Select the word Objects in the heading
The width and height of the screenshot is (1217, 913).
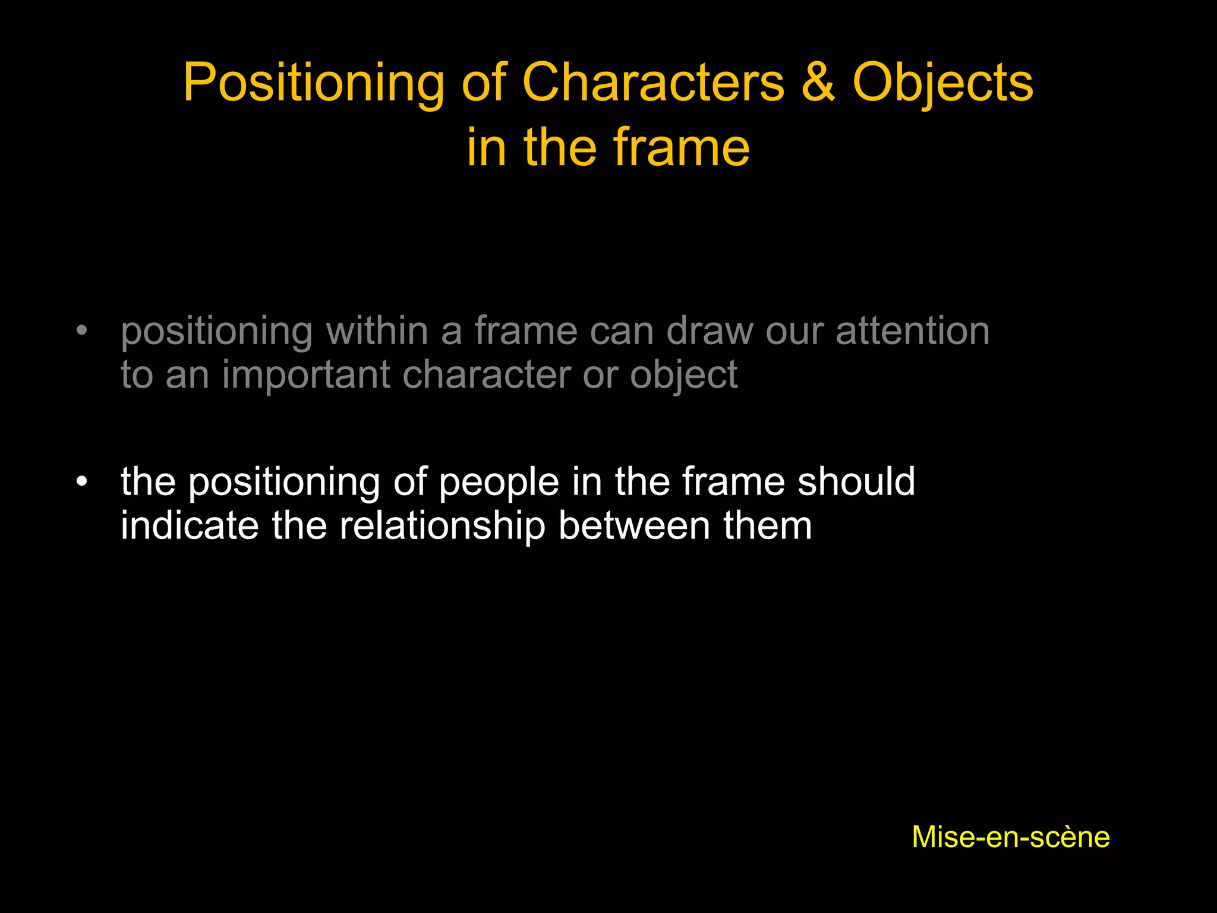coord(943,83)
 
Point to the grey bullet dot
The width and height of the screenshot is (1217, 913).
coord(82,331)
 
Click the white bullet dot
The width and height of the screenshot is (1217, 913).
coord(82,481)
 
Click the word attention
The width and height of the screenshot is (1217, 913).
coord(912,330)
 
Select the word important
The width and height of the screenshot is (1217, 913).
coord(306,375)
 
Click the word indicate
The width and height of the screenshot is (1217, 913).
coord(190,525)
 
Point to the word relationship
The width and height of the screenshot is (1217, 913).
coord(442,526)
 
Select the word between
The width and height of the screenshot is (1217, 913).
coord(634,525)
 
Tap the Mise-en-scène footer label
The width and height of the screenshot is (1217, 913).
coord(1010,837)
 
